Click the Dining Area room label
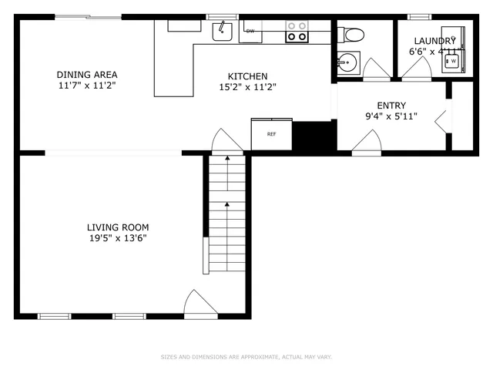tap(86, 75)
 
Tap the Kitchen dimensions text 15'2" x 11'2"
tap(246, 87)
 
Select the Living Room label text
tap(117, 227)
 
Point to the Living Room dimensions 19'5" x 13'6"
tap(117, 239)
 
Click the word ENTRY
tap(391, 106)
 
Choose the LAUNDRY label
tap(435, 41)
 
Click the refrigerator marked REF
tap(271, 134)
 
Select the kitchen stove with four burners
tap(297, 31)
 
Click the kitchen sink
tap(223, 31)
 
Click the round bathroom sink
tap(347, 62)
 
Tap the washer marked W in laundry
tap(453, 59)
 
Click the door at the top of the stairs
tap(226, 140)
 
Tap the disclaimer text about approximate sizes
tap(246, 357)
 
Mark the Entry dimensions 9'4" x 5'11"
tap(391, 117)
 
